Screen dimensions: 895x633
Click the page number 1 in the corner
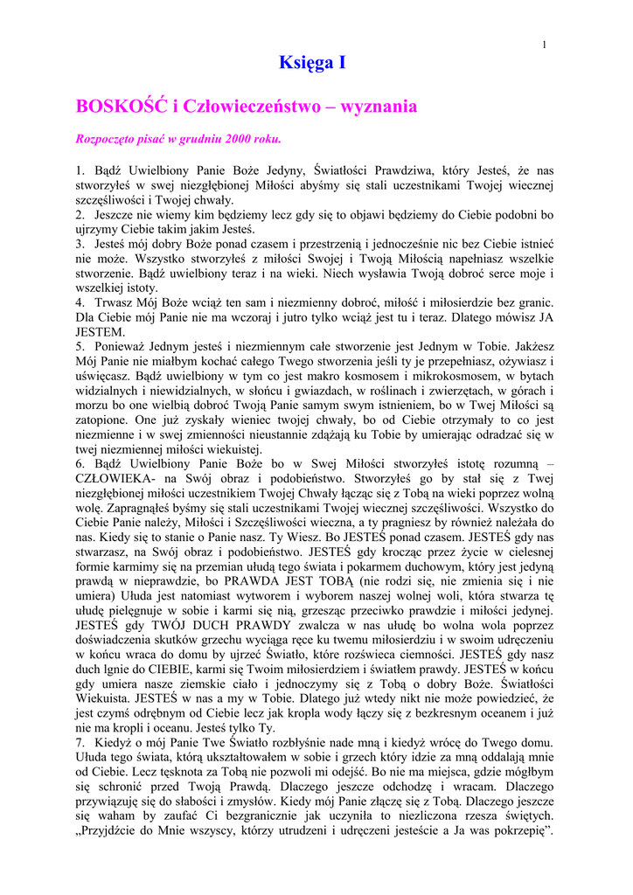point(544,45)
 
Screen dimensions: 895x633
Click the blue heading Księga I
point(313,62)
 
